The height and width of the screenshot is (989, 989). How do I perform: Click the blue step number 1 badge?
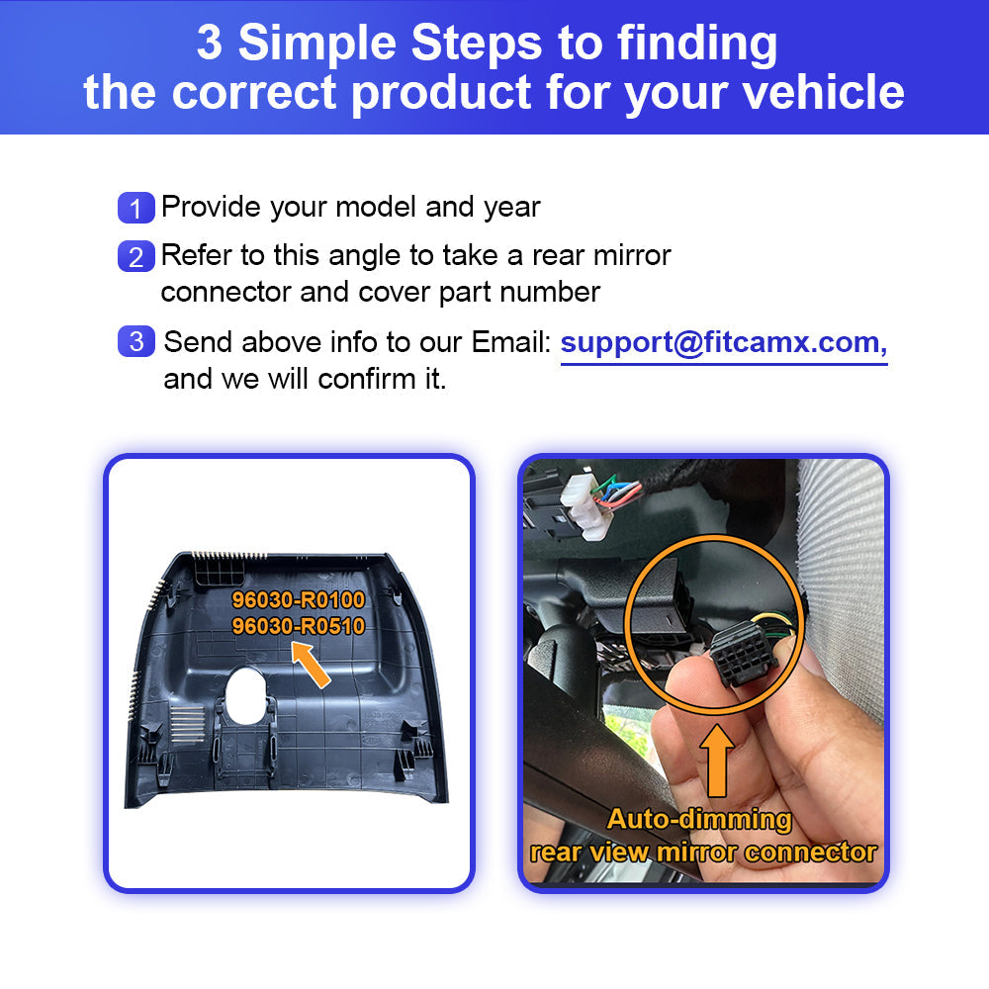[x=136, y=208]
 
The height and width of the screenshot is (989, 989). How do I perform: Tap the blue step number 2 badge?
[x=136, y=256]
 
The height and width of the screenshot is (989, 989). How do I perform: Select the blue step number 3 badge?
[x=136, y=341]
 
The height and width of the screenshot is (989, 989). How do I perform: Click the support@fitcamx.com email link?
[x=724, y=343]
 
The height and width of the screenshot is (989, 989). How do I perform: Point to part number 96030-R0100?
[x=299, y=599]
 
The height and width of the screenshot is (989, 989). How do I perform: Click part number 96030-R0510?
[x=299, y=626]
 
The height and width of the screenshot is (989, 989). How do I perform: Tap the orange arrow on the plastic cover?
[x=311, y=665]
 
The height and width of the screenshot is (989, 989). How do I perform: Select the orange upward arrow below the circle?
[x=717, y=760]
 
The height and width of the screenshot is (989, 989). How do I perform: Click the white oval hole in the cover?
[x=246, y=695]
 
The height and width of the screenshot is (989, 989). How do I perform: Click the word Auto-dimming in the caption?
[x=699, y=819]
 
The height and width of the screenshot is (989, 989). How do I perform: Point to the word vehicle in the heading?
[x=823, y=92]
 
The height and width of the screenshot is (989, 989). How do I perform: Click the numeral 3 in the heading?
[x=210, y=43]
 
